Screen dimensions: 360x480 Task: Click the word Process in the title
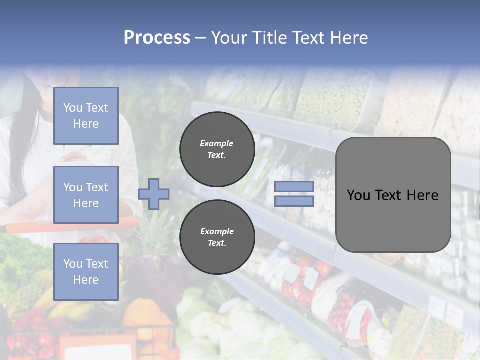coord(157,38)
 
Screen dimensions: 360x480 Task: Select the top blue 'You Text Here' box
coord(86,116)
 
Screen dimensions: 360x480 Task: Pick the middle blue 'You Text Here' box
coord(86,195)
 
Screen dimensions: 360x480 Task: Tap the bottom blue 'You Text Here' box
coord(86,271)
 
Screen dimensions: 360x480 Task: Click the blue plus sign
coord(154,194)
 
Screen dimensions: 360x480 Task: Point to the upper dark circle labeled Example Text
coord(217,149)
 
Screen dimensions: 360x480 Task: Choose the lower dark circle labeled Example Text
coord(217,237)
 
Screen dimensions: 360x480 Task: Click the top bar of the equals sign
coord(294,187)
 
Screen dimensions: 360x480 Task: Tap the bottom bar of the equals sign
coord(294,201)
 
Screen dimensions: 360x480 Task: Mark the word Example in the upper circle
coord(217,143)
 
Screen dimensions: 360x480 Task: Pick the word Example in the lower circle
coord(217,231)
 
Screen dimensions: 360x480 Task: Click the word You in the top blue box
coord(73,108)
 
